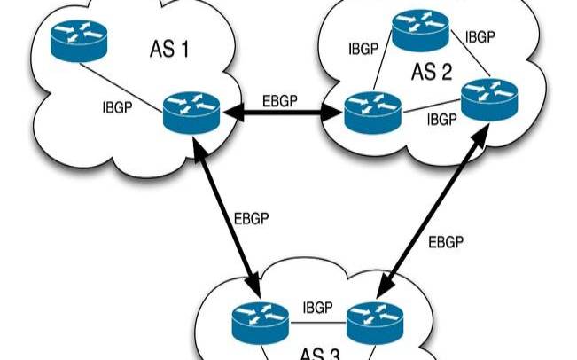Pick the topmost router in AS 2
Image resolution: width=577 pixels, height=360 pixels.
(421, 30)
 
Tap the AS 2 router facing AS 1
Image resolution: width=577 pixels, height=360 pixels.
(368, 113)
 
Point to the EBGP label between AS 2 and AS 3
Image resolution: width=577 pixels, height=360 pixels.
(447, 240)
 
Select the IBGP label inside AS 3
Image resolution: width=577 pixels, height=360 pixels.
(317, 307)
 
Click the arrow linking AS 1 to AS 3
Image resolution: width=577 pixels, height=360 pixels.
(229, 217)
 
